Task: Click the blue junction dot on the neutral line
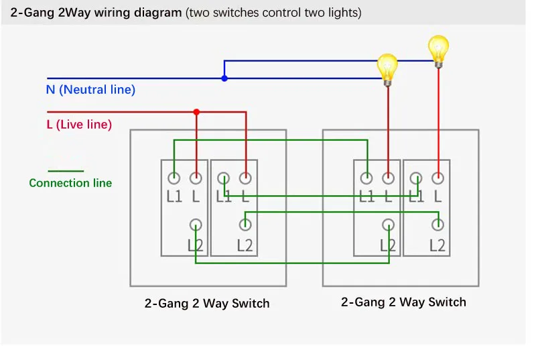[x=224, y=78]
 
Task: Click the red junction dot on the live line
[x=196, y=112]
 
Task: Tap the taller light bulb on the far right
[x=439, y=50]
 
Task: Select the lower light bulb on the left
[x=387, y=70]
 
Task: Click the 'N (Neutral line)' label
[x=90, y=90]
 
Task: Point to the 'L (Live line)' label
[x=79, y=125]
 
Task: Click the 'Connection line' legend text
[x=70, y=183]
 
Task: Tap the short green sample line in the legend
[x=66, y=170]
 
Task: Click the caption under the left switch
[x=207, y=303]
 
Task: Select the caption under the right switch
[x=403, y=302]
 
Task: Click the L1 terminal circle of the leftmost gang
[x=174, y=178]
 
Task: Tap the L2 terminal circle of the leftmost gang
[x=196, y=225]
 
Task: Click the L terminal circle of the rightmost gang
[x=438, y=178]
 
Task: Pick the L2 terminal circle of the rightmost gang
[x=438, y=225]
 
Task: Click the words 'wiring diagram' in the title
[x=138, y=13]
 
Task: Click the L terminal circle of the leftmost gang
[x=196, y=178]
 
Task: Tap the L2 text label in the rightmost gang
[x=438, y=245]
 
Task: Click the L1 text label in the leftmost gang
[x=174, y=196]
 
